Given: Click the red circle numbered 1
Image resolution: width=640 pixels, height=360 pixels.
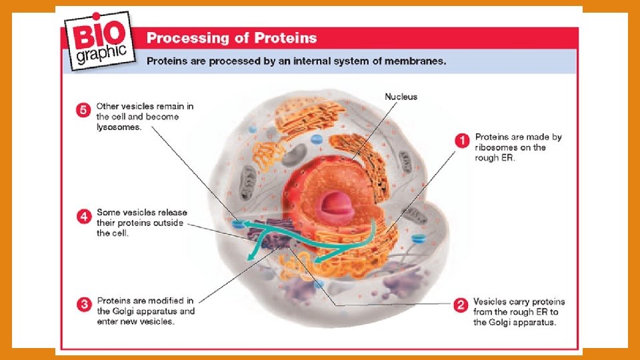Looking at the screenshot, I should (461, 141).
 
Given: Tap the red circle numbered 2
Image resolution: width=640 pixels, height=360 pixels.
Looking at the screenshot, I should (460, 306).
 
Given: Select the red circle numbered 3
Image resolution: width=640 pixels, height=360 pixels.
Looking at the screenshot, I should (84, 305).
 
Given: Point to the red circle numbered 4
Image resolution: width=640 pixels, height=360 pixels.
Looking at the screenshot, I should (84, 217).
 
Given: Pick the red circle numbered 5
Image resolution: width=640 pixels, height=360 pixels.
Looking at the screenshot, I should (84, 111).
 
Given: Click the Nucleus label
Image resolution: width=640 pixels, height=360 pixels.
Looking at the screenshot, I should (401, 97).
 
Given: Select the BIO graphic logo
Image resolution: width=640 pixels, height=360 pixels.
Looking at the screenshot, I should (100, 39).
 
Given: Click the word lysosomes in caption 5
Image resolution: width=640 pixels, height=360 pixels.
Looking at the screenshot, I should (118, 127).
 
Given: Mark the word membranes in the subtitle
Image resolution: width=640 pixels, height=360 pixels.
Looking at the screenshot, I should (415, 61).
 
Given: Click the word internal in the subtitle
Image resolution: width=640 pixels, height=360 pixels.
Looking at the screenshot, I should (290, 61).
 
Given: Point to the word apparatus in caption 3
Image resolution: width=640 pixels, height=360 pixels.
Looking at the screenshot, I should (173, 311).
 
